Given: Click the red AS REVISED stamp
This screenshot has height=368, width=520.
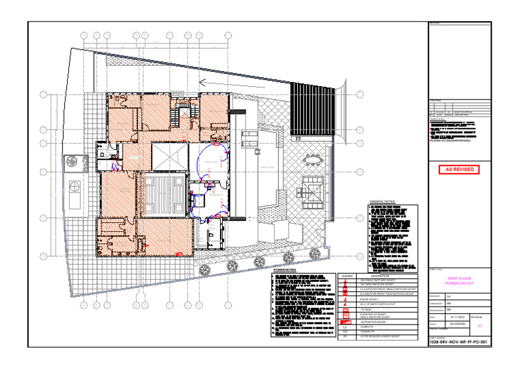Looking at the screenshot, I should (x=458, y=169).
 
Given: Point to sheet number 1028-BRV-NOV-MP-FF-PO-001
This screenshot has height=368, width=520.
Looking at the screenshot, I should (x=458, y=343).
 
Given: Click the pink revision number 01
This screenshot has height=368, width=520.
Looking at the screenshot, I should (x=480, y=325).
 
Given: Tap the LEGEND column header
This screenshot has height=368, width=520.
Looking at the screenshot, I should (x=347, y=277).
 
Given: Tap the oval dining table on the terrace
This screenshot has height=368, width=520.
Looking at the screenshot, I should (x=313, y=160).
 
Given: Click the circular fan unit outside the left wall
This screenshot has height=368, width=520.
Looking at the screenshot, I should (x=72, y=163).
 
